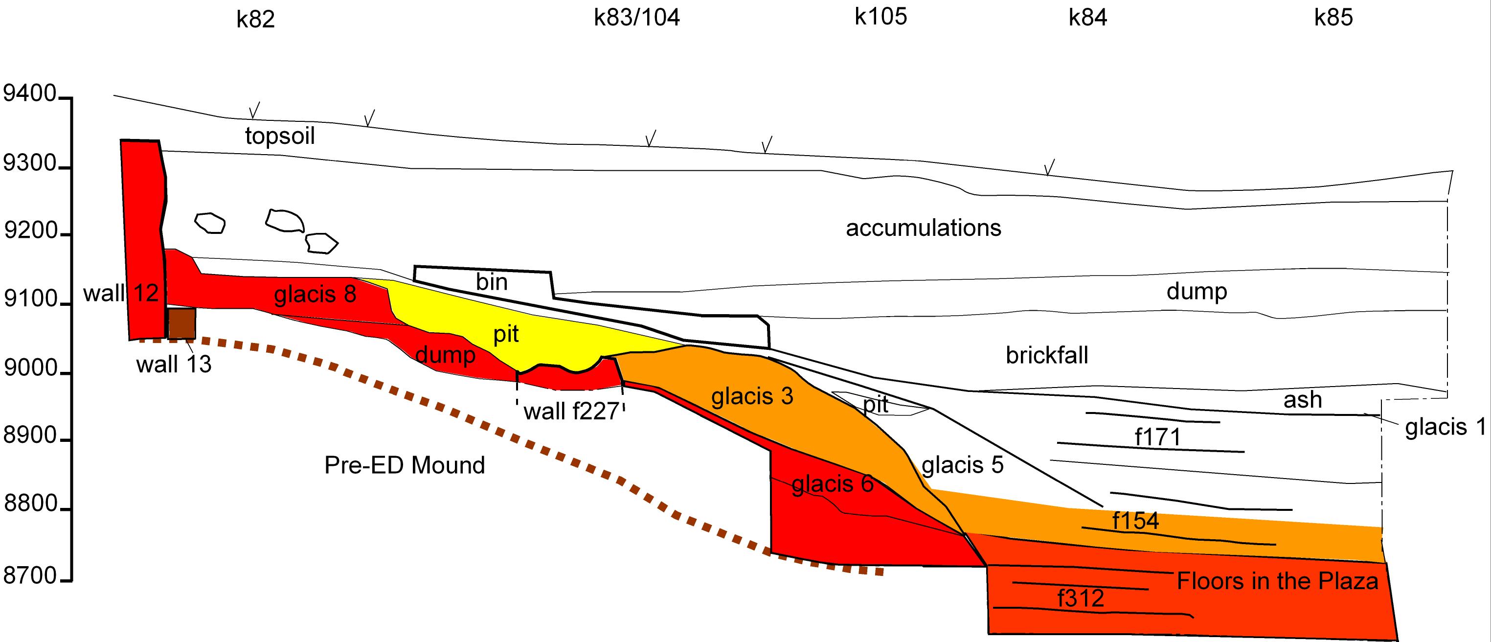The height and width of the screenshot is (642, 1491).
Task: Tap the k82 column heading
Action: click(x=255, y=19)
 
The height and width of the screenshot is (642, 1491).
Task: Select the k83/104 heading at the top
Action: click(x=637, y=18)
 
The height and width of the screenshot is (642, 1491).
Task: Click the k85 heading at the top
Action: click(x=1333, y=18)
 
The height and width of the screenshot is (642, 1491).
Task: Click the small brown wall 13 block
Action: click(x=182, y=323)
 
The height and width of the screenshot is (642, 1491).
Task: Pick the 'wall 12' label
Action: click(x=121, y=293)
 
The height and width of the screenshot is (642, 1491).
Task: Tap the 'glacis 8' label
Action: click(x=315, y=295)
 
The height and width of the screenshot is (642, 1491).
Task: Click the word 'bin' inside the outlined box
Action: click(x=492, y=282)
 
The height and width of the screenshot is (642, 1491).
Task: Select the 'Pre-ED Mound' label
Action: click(x=404, y=465)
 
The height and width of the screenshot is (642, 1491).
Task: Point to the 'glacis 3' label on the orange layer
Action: click(x=752, y=396)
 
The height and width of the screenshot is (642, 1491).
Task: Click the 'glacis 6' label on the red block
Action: click(x=832, y=484)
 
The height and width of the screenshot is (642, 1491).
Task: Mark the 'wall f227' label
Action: click(x=571, y=411)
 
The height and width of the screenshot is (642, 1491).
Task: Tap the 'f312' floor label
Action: click(x=1081, y=598)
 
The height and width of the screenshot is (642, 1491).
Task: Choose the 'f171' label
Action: click(x=1157, y=436)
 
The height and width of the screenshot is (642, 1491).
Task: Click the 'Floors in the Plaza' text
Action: click(x=1277, y=581)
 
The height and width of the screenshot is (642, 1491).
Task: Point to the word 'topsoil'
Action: click(x=280, y=136)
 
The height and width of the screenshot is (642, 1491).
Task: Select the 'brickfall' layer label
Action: click(x=1046, y=355)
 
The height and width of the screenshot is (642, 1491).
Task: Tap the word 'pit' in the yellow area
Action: click(x=506, y=334)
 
